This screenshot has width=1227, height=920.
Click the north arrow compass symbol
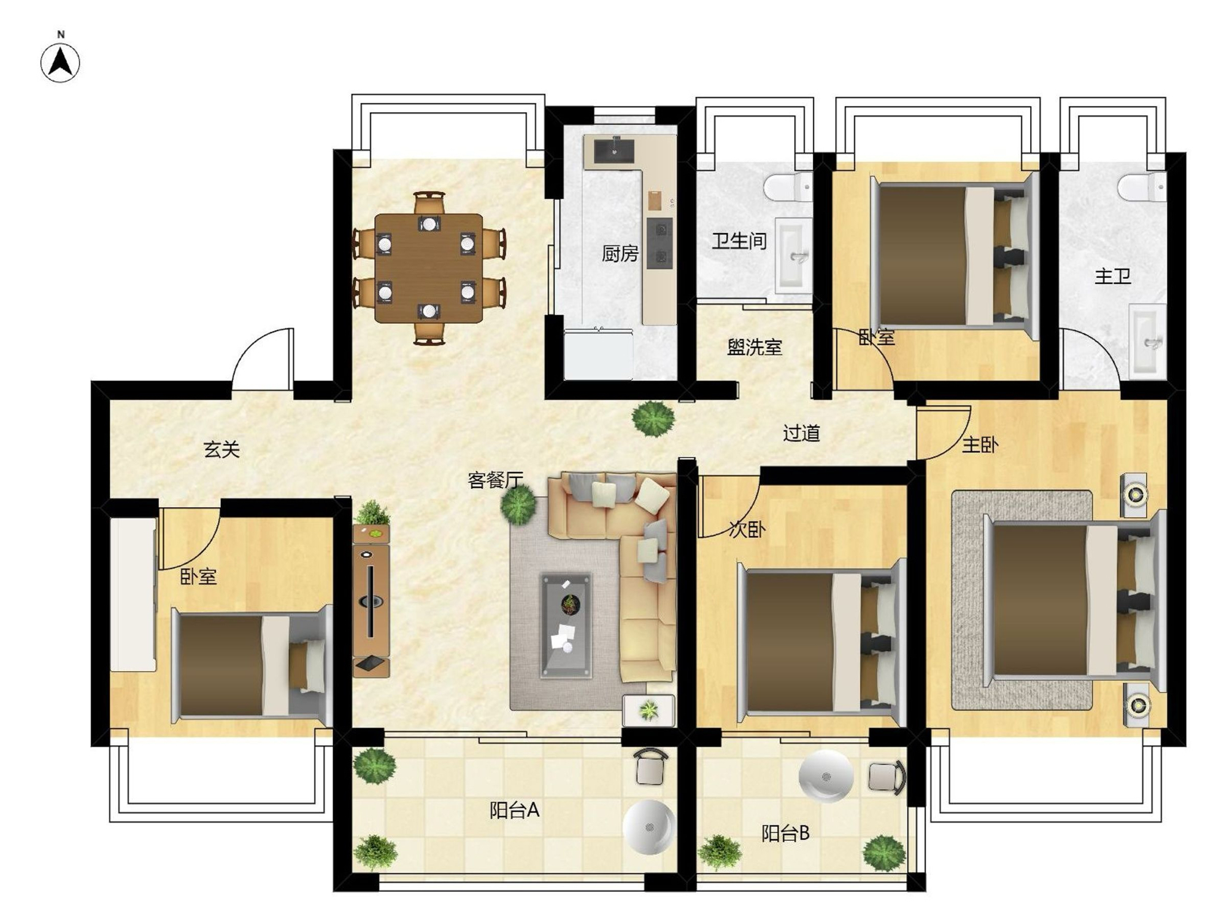pyautogui.click(x=60, y=62)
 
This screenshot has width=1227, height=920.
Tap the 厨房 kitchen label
pyautogui.click(x=620, y=253)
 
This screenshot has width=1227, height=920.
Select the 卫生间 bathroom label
pyautogui.click(x=739, y=240)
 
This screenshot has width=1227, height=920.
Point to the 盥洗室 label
pyautogui.click(x=755, y=347)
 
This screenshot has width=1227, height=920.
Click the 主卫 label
pyautogui.click(x=1112, y=276)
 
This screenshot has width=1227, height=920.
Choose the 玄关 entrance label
pyautogui.click(x=221, y=450)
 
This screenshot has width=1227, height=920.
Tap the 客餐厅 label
pyautogui.click(x=496, y=480)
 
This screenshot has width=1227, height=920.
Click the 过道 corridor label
pyautogui.click(x=801, y=433)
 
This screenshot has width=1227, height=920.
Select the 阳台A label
pyautogui.click(x=514, y=810)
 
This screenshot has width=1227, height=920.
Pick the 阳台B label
pyautogui.click(x=785, y=833)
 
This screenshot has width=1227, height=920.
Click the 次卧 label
pyautogui.click(x=747, y=529)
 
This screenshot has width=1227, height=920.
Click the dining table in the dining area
pyautogui.click(x=429, y=268)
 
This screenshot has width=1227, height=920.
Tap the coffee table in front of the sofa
pyautogui.click(x=566, y=625)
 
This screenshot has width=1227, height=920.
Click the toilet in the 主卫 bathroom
pyautogui.click(x=1142, y=186)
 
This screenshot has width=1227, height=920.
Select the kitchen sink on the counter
pyautogui.click(x=613, y=149)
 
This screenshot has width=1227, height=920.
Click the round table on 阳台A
pyautogui.click(x=648, y=827)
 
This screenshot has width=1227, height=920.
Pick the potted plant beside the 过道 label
pyautogui.click(x=654, y=418)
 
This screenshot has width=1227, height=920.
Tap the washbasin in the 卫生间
pyautogui.click(x=793, y=255)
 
